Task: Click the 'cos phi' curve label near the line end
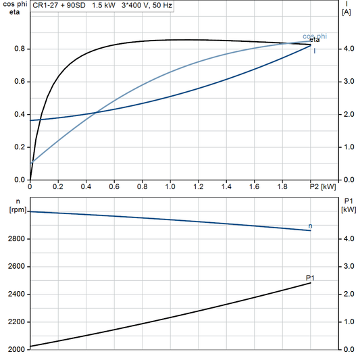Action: tap(315, 36)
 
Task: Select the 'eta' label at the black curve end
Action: tap(315, 41)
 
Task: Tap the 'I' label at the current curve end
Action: tap(314, 51)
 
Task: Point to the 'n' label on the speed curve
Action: tap(310, 225)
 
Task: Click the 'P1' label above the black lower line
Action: tap(310, 278)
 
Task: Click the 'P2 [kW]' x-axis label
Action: tap(323, 186)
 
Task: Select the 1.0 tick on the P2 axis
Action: tap(170, 186)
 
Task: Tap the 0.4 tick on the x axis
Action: tap(86, 186)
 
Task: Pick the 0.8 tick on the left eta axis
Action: tap(20, 49)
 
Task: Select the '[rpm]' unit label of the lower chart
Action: tap(15, 209)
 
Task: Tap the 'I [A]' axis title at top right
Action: tap(346, 8)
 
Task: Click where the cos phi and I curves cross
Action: tap(95, 112)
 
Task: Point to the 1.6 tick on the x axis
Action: tap(255, 186)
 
